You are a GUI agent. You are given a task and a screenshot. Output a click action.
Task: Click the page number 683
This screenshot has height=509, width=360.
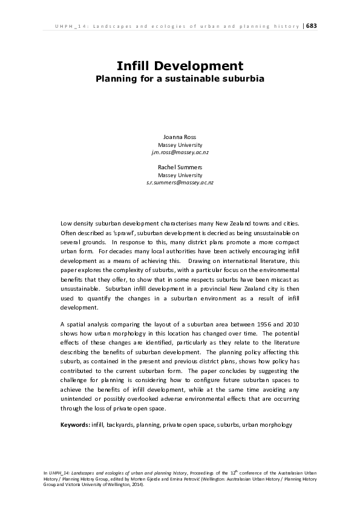312,26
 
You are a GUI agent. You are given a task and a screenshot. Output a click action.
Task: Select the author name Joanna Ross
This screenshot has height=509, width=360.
180,138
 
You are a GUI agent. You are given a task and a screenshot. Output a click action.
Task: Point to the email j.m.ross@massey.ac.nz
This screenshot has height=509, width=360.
180,153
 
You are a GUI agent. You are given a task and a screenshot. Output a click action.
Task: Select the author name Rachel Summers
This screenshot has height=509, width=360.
180,167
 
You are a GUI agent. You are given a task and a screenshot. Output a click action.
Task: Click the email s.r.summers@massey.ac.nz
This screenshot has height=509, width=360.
180,182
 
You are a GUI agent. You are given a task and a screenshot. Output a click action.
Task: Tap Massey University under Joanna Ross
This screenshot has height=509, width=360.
180,146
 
